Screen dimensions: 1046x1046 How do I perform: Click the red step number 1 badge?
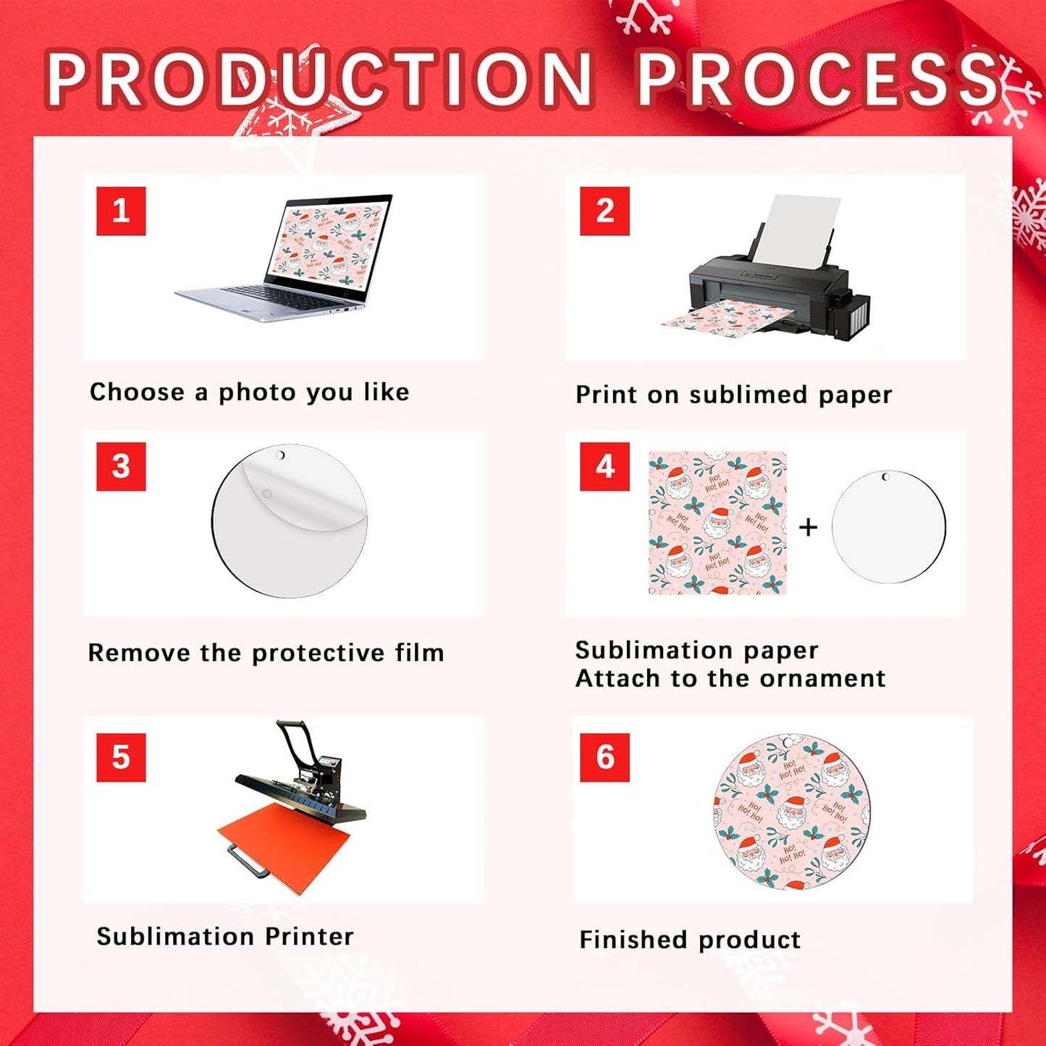pyautogui.click(x=121, y=211)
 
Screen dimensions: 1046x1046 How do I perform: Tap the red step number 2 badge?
pyautogui.click(x=604, y=211)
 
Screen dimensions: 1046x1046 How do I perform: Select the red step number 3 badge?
pyautogui.click(x=121, y=466)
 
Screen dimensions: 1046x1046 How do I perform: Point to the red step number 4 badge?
pyautogui.click(x=604, y=466)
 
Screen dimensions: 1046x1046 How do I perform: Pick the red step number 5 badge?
pyautogui.click(x=121, y=757)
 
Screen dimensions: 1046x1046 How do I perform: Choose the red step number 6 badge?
pyautogui.click(x=604, y=757)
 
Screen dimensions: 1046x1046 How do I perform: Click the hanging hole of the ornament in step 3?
pyautogui.click(x=281, y=455)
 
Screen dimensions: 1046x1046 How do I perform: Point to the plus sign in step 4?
pyautogui.click(x=808, y=527)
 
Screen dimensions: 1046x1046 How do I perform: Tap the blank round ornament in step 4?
pyautogui.click(x=888, y=527)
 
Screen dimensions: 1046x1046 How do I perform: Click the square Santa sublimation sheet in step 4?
pyautogui.click(x=717, y=523)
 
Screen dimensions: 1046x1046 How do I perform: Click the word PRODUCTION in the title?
pyautogui.click(x=319, y=80)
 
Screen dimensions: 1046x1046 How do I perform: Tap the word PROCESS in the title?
pyautogui.click(x=818, y=80)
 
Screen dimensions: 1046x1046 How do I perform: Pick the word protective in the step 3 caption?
pyautogui.click(x=318, y=653)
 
